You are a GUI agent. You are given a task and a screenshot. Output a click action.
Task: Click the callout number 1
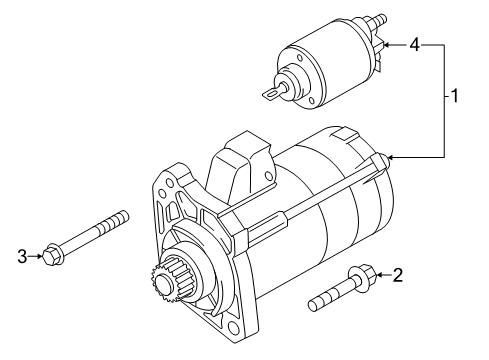[x=455, y=96]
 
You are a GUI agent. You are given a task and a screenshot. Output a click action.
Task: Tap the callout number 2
[x=398, y=275]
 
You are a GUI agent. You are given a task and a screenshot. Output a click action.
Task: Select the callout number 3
[x=22, y=256]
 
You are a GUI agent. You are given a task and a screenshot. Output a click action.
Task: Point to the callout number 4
[x=414, y=44]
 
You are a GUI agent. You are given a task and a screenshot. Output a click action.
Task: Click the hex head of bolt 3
[x=54, y=255]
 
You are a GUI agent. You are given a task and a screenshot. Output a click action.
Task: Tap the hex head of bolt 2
[x=365, y=276]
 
